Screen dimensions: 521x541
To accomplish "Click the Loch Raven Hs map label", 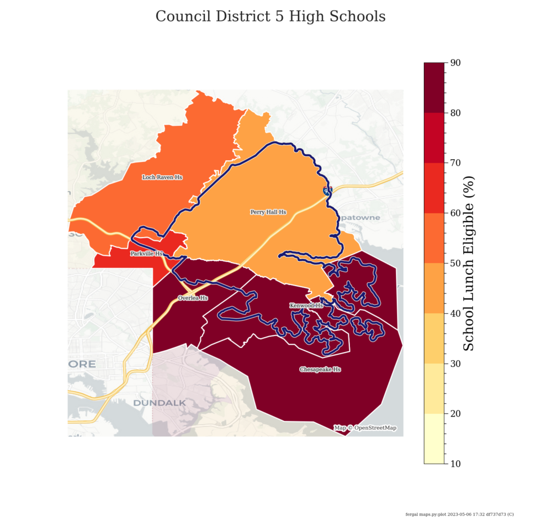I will point(162,177).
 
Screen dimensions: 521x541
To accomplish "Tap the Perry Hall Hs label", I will point(268,212).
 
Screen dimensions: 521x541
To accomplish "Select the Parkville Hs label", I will point(146,254).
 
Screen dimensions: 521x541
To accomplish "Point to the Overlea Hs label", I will point(193,298).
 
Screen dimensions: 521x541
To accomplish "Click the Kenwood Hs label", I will point(306,306).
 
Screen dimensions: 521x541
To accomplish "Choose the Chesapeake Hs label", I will point(320,369).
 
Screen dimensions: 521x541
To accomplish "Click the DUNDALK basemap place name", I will point(159,403).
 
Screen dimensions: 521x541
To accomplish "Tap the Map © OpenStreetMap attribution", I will point(365,428).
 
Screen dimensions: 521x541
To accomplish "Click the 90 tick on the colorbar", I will point(455,62).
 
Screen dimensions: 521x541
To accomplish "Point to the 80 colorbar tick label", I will point(455,113).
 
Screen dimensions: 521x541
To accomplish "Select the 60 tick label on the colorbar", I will point(455,213).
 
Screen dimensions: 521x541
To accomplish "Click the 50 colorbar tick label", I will point(455,263).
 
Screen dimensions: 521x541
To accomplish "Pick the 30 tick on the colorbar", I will point(455,364).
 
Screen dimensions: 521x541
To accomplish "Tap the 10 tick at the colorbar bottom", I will point(455,464).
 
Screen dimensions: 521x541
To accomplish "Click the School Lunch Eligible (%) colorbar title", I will point(469,263).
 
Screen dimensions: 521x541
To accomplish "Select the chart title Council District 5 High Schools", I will point(270,17).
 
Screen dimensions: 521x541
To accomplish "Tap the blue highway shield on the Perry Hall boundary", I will point(327,191).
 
